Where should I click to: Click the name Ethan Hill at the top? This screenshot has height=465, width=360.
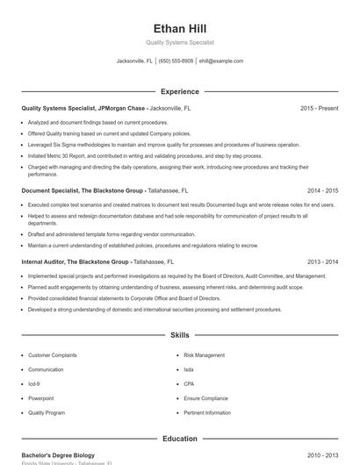click(x=179, y=29)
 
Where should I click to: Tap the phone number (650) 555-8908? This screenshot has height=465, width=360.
click(x=176, y=61)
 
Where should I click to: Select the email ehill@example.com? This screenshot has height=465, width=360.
click(x=220, y=61)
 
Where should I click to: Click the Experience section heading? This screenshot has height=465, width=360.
click(x=179, y=91)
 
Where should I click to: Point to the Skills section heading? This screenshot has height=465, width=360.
click(x=179, y=335)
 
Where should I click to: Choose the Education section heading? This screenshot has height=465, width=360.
click(x=179, y=438)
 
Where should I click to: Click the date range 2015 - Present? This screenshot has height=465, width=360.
click(x=319, y=108)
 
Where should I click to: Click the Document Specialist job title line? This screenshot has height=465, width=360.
click(x=103, y=190)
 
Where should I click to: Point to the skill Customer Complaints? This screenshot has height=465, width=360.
click(x=53, y=355)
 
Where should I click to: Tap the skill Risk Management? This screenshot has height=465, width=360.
click(x=204, y=355)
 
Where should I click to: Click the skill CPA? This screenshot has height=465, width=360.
click(x=190, y=383)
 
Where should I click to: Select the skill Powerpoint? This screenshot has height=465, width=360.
click(x=41, y=397)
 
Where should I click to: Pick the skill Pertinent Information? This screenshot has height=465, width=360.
click(x=207, y=411)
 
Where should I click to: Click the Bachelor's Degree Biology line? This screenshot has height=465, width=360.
click(x=58, y=455)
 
